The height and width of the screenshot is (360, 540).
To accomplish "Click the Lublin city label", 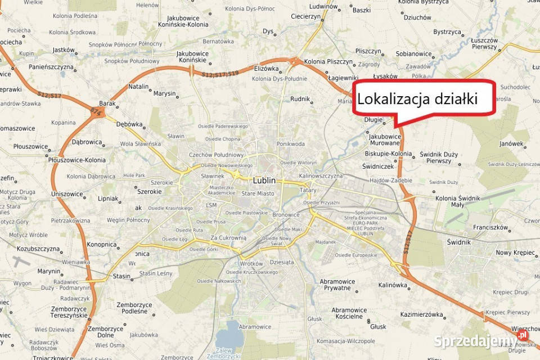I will [x=264, y=181].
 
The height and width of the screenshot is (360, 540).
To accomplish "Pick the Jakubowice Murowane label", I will [x=385, y=139].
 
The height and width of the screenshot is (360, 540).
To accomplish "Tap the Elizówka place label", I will [x=266, y=68].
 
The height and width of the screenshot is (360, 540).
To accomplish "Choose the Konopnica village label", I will [x=102, y=245].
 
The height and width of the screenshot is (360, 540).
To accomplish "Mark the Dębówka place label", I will [x=129, y=124].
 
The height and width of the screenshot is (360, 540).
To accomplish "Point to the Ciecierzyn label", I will [x=305, y=16].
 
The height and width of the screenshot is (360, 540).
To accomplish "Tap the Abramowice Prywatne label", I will [x=337, y=285].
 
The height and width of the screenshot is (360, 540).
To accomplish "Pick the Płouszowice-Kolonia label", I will [x=76, y=160].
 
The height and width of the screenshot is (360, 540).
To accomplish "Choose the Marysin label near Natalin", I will [x=164, y=93].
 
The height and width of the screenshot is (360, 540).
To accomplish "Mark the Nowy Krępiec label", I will [x=515, y=253].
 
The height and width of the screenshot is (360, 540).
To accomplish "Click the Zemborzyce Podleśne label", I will [x=134, y=308].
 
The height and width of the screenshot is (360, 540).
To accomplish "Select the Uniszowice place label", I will [x=67, y=194].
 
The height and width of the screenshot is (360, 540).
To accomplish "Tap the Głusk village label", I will [x=378, y=326].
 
